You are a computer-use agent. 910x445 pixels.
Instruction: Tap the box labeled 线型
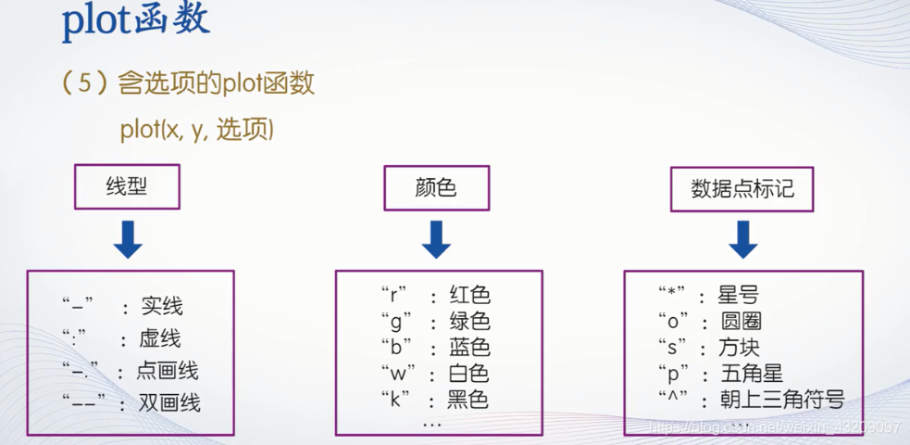[127, 187]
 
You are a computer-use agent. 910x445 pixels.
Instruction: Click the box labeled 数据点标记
[742, 188]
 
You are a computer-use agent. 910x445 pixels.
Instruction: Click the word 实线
[162, 306]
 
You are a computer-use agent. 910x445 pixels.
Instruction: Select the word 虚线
[161, 338]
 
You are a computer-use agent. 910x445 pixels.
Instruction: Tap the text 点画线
[168, 371]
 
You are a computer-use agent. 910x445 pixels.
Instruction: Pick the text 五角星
[752, 374]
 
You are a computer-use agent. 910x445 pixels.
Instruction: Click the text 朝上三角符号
[782, 400]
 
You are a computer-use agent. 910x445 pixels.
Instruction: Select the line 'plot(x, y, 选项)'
[196, 129]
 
